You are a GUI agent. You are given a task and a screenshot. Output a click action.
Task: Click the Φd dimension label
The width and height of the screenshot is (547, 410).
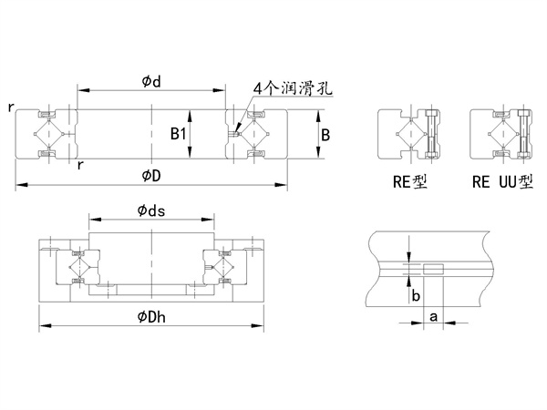150,82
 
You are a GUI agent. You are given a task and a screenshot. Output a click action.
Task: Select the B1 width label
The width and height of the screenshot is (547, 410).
178,134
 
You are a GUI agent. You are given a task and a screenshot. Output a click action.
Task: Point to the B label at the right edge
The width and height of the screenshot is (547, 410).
325,134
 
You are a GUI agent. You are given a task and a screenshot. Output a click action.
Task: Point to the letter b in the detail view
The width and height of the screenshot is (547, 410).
416,295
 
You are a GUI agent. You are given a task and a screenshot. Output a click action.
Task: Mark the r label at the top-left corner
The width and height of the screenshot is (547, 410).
10,108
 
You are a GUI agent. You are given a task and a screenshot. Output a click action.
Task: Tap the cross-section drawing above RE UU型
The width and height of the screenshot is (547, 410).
499,136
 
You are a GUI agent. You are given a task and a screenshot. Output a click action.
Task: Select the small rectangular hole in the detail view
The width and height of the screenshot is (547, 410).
433,269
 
